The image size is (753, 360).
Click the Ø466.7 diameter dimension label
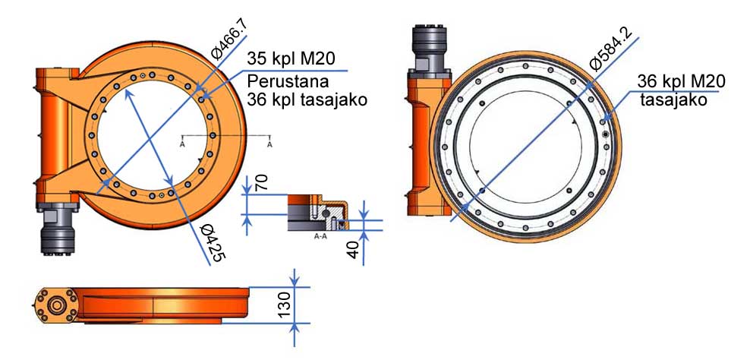tap(229, 40)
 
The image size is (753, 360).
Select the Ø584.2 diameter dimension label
tap(611, 49)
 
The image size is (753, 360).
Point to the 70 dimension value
tap(261, 182)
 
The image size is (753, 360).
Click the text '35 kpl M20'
tap(291, 58)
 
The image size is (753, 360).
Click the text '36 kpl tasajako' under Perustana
tap(307, 99)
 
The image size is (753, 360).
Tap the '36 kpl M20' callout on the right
tap(681, 81)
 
